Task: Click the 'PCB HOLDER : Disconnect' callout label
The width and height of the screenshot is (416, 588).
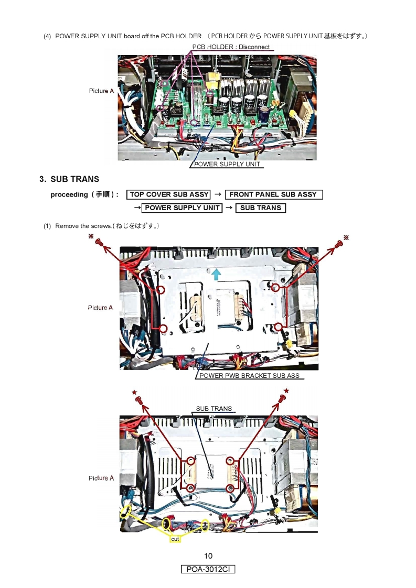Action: [x=231, y=47]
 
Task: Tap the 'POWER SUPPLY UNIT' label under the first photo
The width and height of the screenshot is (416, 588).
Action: [x=227, y=165]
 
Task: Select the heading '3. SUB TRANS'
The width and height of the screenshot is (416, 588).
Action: [x=69, y=179]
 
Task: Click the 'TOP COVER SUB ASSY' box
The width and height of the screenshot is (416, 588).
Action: [x=169, y=194]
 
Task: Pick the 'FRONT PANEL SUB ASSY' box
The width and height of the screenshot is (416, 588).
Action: [x=273, y=194]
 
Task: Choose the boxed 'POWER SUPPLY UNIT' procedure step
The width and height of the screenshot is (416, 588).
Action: [x=182, y=208]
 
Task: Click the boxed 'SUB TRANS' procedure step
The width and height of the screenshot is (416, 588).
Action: [x=261, y=208]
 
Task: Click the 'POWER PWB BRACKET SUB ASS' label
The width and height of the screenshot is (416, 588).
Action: [x=249, y=376]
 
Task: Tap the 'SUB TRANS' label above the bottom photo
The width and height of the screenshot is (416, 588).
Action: [x=214, y=409]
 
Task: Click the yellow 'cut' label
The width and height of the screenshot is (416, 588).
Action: [x=175, y=539]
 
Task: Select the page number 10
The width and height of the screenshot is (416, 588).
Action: [x=208, y=556]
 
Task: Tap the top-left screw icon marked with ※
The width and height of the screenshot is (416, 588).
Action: [x=98, y=243]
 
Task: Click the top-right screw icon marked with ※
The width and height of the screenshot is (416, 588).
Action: [x=338, y=244]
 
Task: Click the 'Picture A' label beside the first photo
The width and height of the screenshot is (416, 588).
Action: [x=101, y=91]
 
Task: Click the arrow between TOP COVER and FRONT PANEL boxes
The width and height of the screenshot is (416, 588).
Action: [x=218, y=194]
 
